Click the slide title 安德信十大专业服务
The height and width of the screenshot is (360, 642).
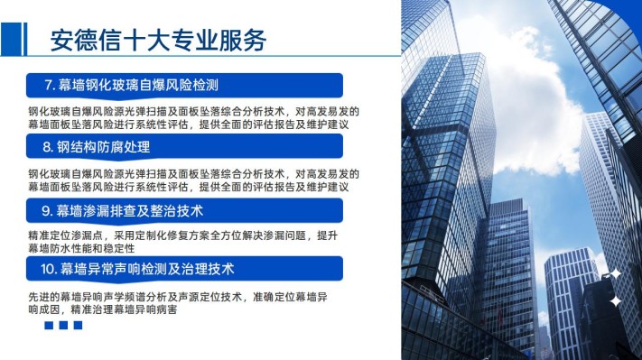click(158, 40)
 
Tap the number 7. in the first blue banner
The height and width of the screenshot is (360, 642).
click(50, 85)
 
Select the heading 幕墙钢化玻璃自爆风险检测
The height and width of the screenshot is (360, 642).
click(138, 85)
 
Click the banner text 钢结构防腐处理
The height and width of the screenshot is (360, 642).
click(103, 147)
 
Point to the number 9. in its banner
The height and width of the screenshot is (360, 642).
click(48, 211)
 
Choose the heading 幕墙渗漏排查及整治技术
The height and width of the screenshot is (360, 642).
click(130, 211)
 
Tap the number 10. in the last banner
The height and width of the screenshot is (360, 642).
click(49, 269)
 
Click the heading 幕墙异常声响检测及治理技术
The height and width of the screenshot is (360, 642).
click(147, 269)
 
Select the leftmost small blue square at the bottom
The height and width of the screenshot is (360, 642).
click(49, 325)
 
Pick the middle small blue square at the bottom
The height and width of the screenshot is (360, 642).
click(63, 325)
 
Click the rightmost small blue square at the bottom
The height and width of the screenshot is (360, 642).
click(78, 325)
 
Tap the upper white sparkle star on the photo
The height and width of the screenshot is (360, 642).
click(616, 273)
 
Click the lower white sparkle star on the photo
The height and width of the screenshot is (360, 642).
click(616, 301)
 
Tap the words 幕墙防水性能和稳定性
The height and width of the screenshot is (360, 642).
click(81, 248)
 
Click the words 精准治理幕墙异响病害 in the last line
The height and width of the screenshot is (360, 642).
click(124, 309)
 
